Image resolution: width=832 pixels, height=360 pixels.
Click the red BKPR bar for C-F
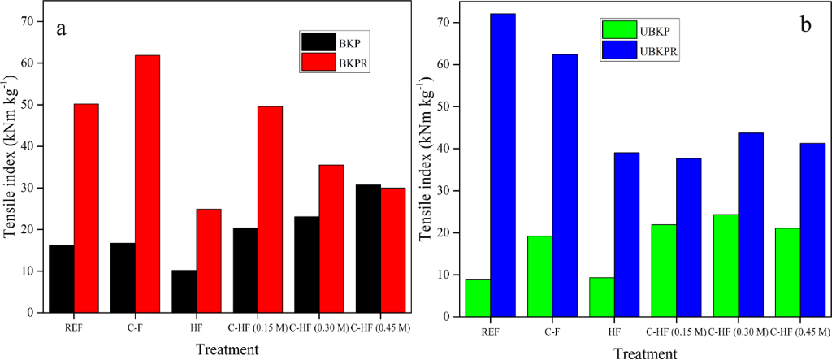tap(148, 184)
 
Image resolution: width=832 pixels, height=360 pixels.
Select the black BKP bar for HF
tap(184, 291)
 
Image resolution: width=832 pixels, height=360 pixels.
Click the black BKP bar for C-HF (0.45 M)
tap(369, 249)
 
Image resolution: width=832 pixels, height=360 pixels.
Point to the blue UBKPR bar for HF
tap(626, 234)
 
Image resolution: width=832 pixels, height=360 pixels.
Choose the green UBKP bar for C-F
tap(539, 275)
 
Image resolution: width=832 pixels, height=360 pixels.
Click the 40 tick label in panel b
tap(444, 149)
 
